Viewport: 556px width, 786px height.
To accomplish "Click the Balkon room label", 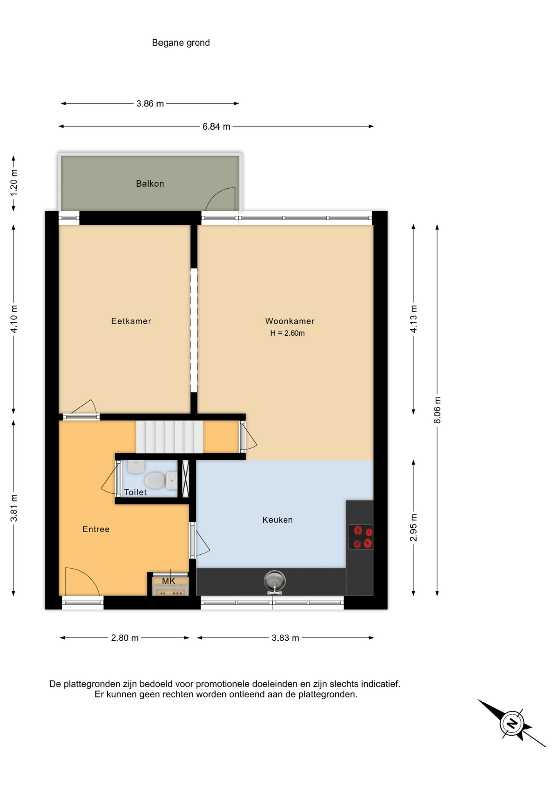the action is (150, 184).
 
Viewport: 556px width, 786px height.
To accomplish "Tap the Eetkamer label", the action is (131, 321).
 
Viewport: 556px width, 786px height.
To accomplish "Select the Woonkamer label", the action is (290, 321).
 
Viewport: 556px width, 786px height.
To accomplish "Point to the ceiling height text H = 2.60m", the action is (287, 333).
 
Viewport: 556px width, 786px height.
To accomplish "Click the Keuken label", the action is (278, 520).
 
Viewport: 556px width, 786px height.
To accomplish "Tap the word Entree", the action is (96, 529).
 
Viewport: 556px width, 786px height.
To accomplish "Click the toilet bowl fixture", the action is (161, 481).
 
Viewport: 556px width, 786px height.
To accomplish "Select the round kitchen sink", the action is (275, 581).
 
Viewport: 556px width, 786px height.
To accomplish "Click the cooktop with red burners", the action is (361, 537).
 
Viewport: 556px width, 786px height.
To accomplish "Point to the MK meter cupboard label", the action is (169, 581).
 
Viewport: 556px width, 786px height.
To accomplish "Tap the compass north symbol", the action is (512, 723).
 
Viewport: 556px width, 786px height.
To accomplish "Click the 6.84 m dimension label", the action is (216, 127).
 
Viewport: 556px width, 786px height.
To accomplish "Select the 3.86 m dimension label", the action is (150, 104).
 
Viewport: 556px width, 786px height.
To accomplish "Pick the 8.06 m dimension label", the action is (437, 410).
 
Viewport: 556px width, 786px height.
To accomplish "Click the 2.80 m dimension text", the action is (125, 638).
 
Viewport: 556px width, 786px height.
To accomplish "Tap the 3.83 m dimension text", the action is (285, 638).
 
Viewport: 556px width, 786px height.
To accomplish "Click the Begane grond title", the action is (181, 43).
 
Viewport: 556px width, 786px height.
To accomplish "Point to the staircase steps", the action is (170, 437).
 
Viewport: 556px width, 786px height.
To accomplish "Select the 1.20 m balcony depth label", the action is (14, 182).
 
